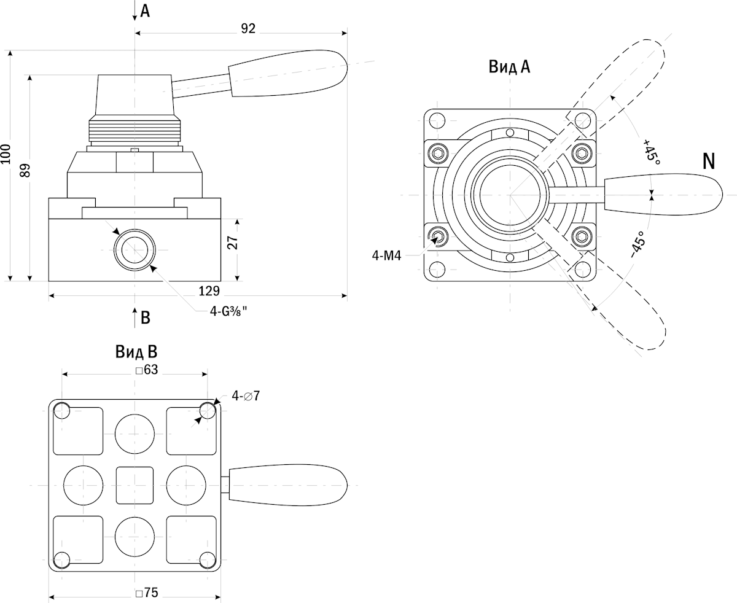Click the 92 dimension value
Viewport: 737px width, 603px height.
(248, 28)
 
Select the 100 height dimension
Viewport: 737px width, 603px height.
(6, 154)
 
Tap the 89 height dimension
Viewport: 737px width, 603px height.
(25, 170)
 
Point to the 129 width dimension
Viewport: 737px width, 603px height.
(210, 290)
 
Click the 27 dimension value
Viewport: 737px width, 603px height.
(232, 243)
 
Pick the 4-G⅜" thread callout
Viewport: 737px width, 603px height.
(228, 312)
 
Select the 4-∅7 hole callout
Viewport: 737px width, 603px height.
(246, 396)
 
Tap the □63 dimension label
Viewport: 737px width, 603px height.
(147, 370)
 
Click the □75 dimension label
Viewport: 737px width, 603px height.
(147, 593)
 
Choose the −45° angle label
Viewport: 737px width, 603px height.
(638, 244)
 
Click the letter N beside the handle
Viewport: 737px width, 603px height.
(709, 161)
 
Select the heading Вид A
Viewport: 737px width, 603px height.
(509, 67)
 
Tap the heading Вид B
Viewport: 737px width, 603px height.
(136, 352)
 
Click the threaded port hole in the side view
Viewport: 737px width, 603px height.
(135, 251)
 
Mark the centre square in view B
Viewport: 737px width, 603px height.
(135, 484)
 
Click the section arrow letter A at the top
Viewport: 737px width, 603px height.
(145, 11)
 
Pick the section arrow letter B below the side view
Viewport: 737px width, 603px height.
(146, 317)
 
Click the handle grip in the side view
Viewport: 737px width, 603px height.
(286, 72)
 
